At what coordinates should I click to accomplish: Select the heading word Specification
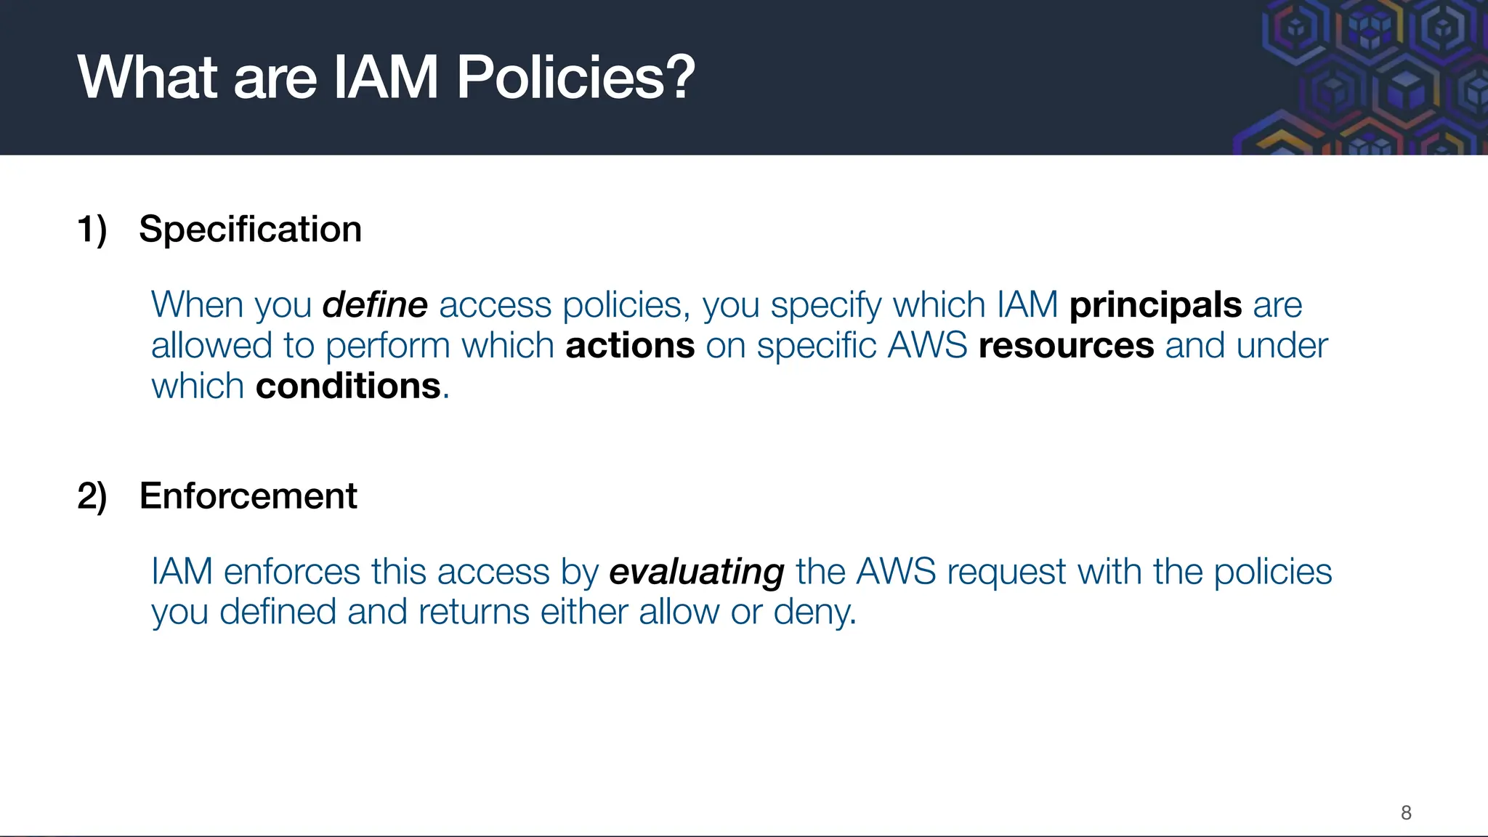coord(250,230)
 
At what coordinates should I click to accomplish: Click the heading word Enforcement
coord(248,496)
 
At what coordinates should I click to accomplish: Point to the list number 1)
coord(92,230)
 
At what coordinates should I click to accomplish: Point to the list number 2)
coord(92,496)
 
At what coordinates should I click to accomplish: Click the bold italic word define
coord(375,305)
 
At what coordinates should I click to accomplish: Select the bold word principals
coord(1155,305)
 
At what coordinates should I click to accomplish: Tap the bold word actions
coord(630,346)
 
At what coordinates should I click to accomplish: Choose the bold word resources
coord(1066,346)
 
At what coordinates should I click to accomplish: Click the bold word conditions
coord(348,387)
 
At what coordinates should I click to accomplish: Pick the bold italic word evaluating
coord(696,572)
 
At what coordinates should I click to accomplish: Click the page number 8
coord(1406,812)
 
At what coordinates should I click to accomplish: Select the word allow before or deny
coord(679,612)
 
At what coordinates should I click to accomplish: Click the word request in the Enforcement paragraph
coord(1006,572)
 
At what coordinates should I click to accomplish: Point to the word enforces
coord(291,572)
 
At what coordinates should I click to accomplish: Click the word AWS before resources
coord(927,346)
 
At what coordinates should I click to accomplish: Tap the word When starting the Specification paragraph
coord(195,305)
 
